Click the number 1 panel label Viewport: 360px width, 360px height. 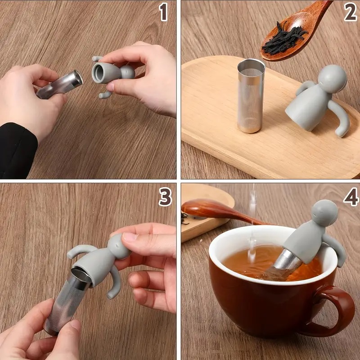pos(163,13)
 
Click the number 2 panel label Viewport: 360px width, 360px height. pos(350,12)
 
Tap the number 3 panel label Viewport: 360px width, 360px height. pos(165,197)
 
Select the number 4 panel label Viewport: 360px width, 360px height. pos(351,197)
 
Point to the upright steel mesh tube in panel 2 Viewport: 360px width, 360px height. pos(251,96)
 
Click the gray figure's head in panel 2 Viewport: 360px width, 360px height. pos(333,79)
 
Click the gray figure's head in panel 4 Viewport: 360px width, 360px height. pos(324,213)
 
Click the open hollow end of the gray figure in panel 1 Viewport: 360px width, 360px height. pos(99,73)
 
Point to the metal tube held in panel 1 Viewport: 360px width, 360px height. pos(60,84)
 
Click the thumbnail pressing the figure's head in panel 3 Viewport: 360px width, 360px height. pos(130,237)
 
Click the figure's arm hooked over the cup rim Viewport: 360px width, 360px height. pos(337,250)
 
